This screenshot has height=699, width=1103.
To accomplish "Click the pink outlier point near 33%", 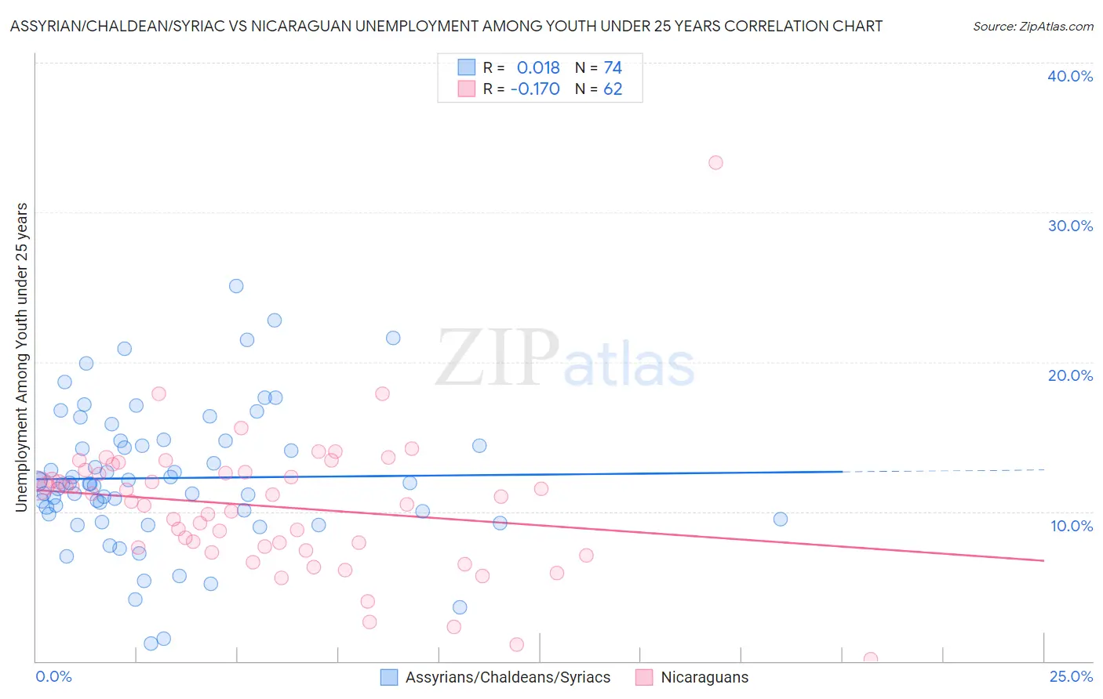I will [x=715, y=163].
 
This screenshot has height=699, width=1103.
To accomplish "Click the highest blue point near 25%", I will [x=236, y=286].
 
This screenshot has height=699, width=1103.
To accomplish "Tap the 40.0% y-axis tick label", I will [x=1069, y=76].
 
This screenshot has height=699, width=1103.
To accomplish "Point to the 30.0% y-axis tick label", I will [x=1069, y=226].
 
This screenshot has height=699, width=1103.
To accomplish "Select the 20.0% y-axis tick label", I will [x=1069, y=375].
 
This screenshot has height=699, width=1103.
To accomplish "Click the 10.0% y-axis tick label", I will [x=1071, y=526].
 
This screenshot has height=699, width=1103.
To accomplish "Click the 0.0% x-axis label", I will [x=53, y=677].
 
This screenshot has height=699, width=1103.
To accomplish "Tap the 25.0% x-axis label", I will [x=1071, y=677].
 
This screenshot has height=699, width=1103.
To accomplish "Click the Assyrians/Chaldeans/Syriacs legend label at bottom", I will [x=508, y=678].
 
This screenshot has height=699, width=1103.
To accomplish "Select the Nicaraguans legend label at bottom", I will [x=704, y=678].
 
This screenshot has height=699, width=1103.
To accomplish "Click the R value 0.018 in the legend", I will [x=538, y=68].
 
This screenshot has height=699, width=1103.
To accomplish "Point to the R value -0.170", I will [x=535, y=89].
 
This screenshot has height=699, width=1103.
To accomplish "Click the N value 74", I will [x=613, y=68].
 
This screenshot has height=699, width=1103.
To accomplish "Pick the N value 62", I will [x=613, y=89].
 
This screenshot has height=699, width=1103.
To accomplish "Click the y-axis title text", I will [x=22, y=357].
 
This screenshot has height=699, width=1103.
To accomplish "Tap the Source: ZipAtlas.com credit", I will [x=1032, y=27].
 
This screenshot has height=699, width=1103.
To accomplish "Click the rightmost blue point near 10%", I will [x=780, y=519].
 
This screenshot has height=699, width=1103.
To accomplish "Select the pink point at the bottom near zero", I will [x=870, y=658].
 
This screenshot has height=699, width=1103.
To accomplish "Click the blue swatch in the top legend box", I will [x=467, y=67].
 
